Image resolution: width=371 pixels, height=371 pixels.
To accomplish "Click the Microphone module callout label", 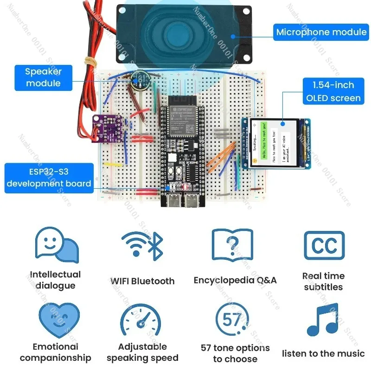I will tap(321, 32).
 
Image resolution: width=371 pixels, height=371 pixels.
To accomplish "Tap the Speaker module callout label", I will tap(43, 77).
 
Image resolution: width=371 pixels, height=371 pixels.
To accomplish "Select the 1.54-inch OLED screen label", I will tap(333, 91).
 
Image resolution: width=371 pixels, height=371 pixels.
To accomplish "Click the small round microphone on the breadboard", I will tap(138, 80).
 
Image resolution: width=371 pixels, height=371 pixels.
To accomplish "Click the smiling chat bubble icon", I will tap(56, 245).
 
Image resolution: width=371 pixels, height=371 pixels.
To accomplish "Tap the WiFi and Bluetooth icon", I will tap(142, 245).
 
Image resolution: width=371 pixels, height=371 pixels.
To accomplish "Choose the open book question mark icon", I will tap(232, 245).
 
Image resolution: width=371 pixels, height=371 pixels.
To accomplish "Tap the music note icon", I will tap(323, 320).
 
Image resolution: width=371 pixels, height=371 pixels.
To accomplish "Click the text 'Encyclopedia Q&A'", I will tap(235, 280).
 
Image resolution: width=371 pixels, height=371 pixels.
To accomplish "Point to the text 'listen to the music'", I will tap(323, 353).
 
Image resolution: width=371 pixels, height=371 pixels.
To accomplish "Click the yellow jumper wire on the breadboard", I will tap(114, 164).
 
